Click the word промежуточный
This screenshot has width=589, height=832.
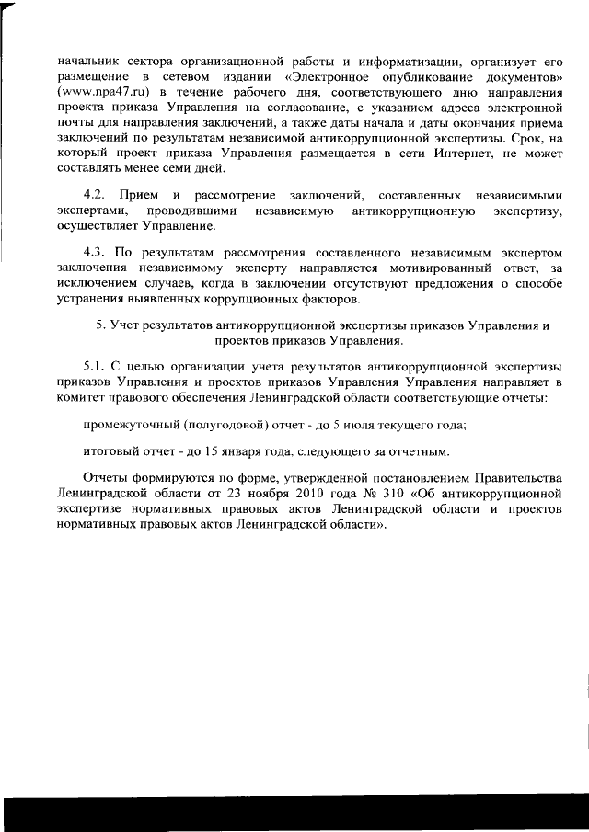pyautogui.click(x=125, y=425)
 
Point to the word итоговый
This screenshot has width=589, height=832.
pyautogui.click(x=109, y=452)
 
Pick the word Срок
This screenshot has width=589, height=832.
pyautogui.click(x=523, y=135)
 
